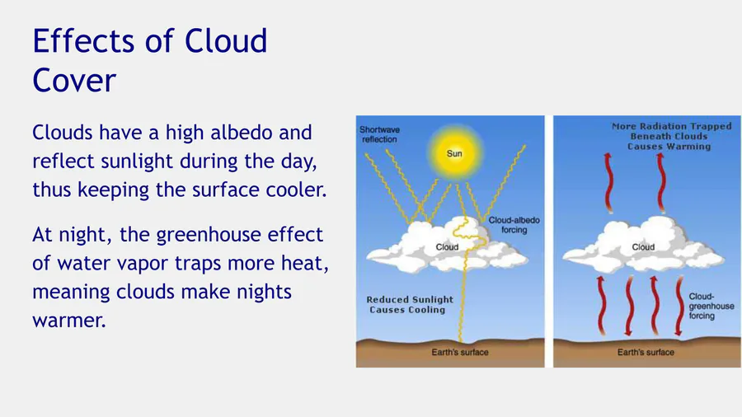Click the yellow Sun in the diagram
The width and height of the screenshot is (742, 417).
pyautogui.click(x=454, y=153)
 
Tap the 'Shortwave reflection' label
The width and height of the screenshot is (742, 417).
pyautogui.click(x=379, y=134)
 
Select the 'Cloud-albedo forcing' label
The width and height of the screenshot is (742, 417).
pyautogui.click(x=514, y=225)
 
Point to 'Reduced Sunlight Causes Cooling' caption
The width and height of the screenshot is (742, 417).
pyautogui.click(x=409, y=304)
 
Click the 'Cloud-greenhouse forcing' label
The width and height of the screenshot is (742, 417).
pyautogui.click(x=711, y=306)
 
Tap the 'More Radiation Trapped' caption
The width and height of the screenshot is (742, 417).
pyautogui.click(x=671, y=127)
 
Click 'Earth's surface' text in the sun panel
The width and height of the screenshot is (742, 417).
pyautogui.click(x=459, y=352)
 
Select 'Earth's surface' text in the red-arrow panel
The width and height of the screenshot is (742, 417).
pyautogui.click(x=646, y=352)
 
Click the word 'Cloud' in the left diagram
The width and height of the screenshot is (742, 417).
pyautogui.click(x=447, y=246)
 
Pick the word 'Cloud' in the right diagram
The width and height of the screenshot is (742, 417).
pyautogui.click(x=643, y=246)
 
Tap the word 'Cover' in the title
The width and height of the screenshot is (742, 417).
pyautogui.click(x=74, y=80)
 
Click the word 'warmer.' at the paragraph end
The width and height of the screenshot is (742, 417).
pyautogui.click(x=69, y=321)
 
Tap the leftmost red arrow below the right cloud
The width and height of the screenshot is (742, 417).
pyautogui.click(x=601, y=305)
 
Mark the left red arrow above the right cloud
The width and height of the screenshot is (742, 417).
pyautogui.click(x=609, y=182)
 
